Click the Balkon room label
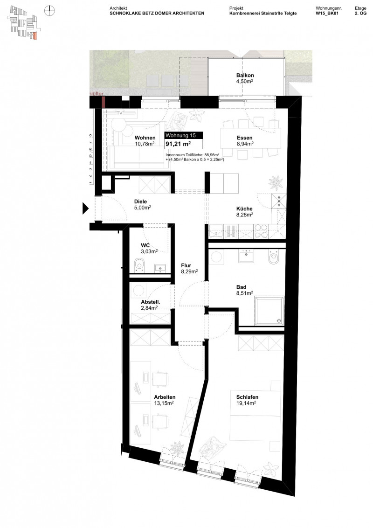(245, 75)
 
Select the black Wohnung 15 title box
(184, 135)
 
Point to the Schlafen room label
(244, 397)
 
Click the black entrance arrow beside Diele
(85, 208)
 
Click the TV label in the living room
(120, 113)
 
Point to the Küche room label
(244, 208)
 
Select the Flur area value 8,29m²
(189, 271)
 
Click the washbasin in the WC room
(160, 267)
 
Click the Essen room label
(244, 138)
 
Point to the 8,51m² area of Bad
(244, 293)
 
